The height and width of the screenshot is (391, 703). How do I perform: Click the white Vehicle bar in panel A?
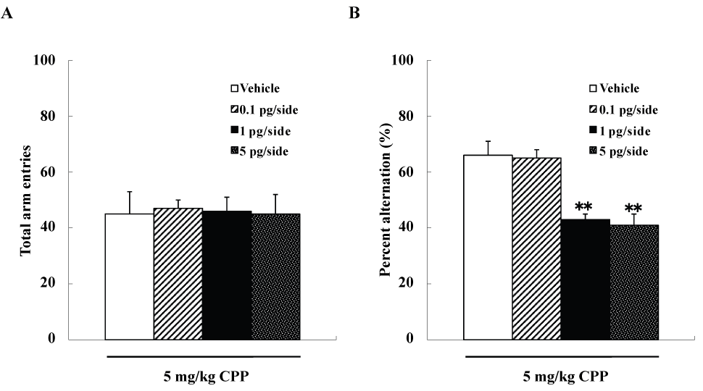pyautogui.click(x=129, y=276)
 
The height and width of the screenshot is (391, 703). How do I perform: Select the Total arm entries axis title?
pyautogui.click(x=25, y=198)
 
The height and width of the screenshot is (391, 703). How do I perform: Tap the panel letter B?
pyautogui.click(x=355, y=12)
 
